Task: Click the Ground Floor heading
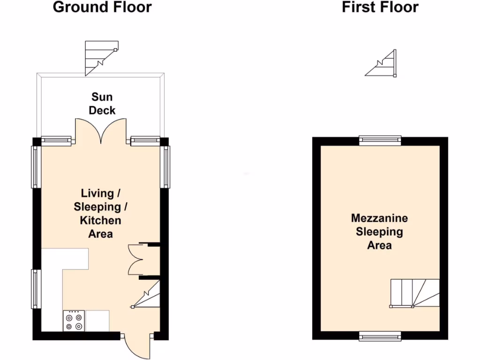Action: [102, 7]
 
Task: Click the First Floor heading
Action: [380, 7]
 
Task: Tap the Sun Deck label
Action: [102, 104]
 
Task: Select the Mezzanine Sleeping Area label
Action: [379, 232]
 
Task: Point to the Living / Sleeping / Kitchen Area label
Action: [101, 213]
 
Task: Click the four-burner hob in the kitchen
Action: [74, 321]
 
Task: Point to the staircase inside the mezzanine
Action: [415, 293]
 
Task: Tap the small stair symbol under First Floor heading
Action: [383, 64]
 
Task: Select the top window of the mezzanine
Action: [380, 139]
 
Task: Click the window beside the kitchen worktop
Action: [35, 288]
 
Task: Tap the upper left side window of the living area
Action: [35, 166]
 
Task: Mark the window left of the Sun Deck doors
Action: [56, 139]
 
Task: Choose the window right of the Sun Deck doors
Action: [145, 139]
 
